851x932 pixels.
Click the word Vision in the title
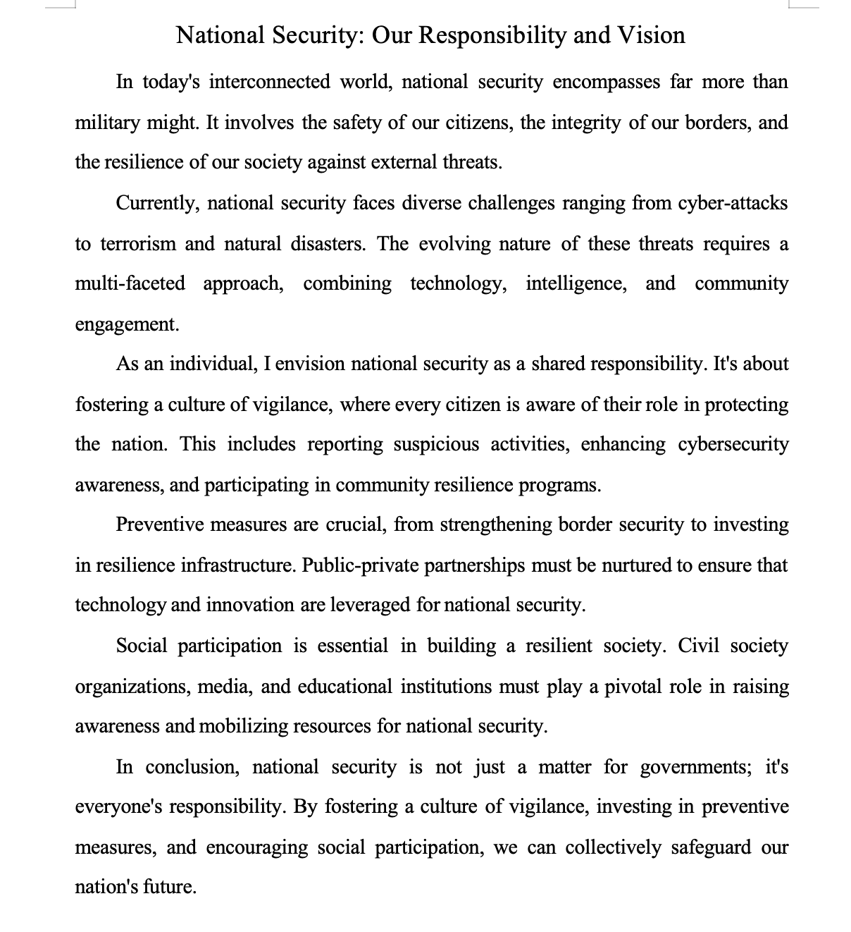[652, 35]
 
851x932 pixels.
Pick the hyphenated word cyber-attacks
[733, 203]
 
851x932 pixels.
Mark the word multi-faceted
[130, 284]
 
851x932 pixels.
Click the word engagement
[127, 324]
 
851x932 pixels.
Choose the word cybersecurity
[733, 445]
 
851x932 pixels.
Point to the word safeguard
[710, 847]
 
